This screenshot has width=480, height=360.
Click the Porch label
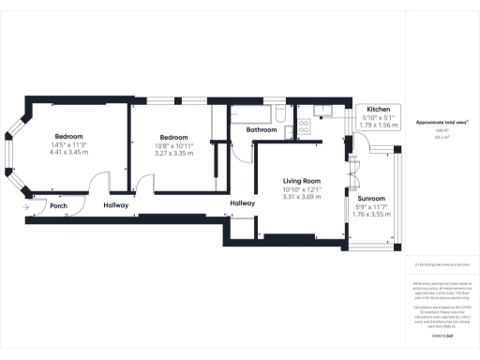(x=58, y=206)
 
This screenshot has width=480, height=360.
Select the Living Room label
(x=303, y=181)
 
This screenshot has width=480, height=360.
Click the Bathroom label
(x=262, y=130)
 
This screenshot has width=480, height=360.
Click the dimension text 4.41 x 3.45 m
(x=67, y=152)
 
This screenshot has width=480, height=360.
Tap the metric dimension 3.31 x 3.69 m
(x=303, y=198)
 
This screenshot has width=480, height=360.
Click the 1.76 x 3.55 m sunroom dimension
(x=371, y=216)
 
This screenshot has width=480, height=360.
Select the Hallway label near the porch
(x=115, y=205)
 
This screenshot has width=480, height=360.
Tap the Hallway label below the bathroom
(x=242, y=202)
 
